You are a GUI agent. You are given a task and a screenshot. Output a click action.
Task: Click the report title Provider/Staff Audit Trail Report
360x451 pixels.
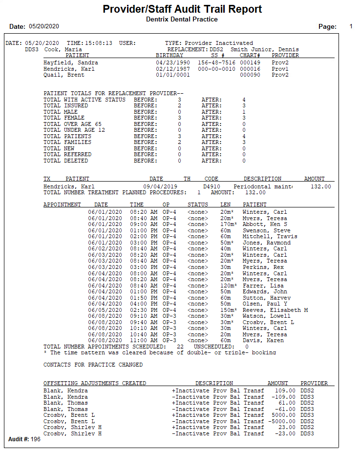[x=182, y=9]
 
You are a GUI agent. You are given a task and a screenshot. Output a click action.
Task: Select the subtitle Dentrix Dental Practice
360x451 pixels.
[x=182, y=19]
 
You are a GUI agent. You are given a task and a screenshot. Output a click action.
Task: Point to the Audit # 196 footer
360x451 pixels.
[x=24, y=439]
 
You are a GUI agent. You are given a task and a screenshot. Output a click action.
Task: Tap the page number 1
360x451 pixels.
[x=351, y=26]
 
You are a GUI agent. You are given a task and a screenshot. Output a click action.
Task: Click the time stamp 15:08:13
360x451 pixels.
[x=100, y=43]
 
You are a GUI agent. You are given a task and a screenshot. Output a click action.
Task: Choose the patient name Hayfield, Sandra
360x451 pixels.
[x=70, y=63]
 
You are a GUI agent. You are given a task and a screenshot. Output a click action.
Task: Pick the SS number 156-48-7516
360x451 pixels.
[x=217, y=63]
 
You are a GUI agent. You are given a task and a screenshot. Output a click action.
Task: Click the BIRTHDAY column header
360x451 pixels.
[x=169, y=55]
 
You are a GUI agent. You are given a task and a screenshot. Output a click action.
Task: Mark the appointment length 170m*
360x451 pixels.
[x=228, y=224]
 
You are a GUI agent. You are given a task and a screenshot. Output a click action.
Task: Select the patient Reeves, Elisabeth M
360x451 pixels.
[x=275, y=310]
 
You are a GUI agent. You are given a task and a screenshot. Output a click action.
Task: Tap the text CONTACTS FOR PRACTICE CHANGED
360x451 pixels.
[x=93, y=365]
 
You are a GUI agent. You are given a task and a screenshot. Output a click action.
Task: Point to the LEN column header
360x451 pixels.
[x=225, y=205]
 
